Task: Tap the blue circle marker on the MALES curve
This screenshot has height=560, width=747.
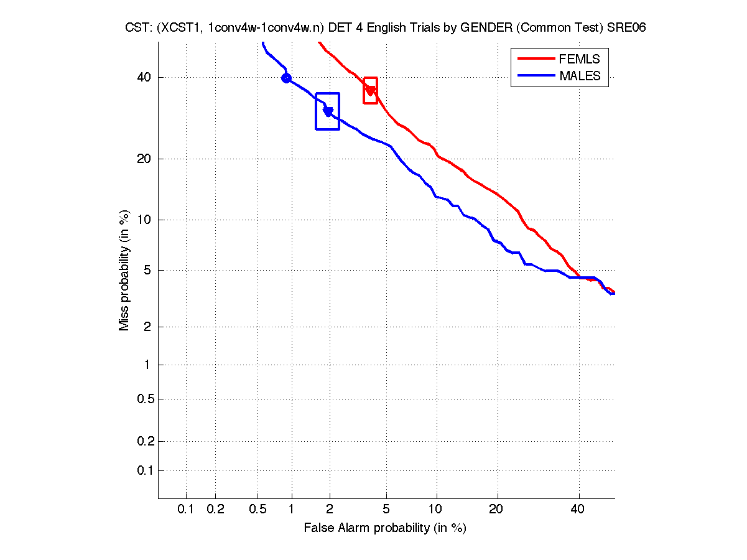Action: point(286,78)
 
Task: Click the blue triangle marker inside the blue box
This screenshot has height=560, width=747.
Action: point(328,111)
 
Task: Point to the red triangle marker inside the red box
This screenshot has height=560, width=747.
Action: point(370,91)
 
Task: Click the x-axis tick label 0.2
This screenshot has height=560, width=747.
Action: point(215,510)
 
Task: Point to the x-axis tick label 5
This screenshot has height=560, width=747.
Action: point(387,510)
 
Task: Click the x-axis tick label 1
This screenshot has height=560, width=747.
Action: point(292,510)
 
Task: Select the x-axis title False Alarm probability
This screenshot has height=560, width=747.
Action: point(384,528)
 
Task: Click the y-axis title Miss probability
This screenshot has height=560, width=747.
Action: point(124,270)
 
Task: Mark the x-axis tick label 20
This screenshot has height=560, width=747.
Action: point(496,510)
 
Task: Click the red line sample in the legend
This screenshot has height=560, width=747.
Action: point(536,59)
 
